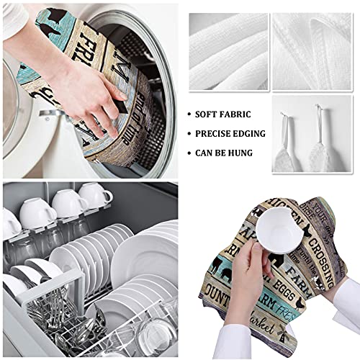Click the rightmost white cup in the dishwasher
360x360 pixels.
click(x=95, y=196)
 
